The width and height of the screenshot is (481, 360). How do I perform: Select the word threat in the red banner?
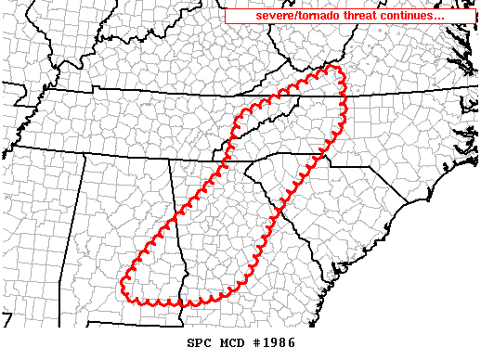[363, 17]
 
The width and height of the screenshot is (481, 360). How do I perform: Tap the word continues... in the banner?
[413, 17]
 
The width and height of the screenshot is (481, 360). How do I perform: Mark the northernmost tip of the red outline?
[331, 67]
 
